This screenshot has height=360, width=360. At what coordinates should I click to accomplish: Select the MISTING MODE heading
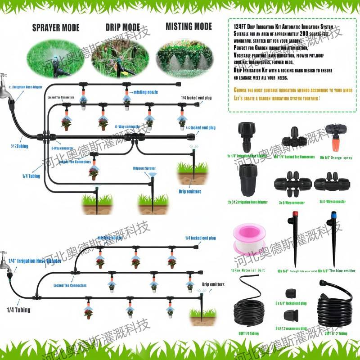(x=189, y=26)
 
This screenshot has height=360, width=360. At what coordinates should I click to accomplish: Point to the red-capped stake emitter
(x=295, y=238)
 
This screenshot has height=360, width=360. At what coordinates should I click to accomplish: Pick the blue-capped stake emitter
(x=334, y=238)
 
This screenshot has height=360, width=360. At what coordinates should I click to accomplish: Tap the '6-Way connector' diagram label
(x=63, y=148)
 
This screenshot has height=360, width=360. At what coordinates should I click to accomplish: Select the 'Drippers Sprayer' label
(x=145, y=169)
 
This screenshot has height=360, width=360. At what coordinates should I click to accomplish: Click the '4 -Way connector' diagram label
(x=126, y=126)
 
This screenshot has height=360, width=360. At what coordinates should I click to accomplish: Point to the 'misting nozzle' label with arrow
(x=145, y=92)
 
